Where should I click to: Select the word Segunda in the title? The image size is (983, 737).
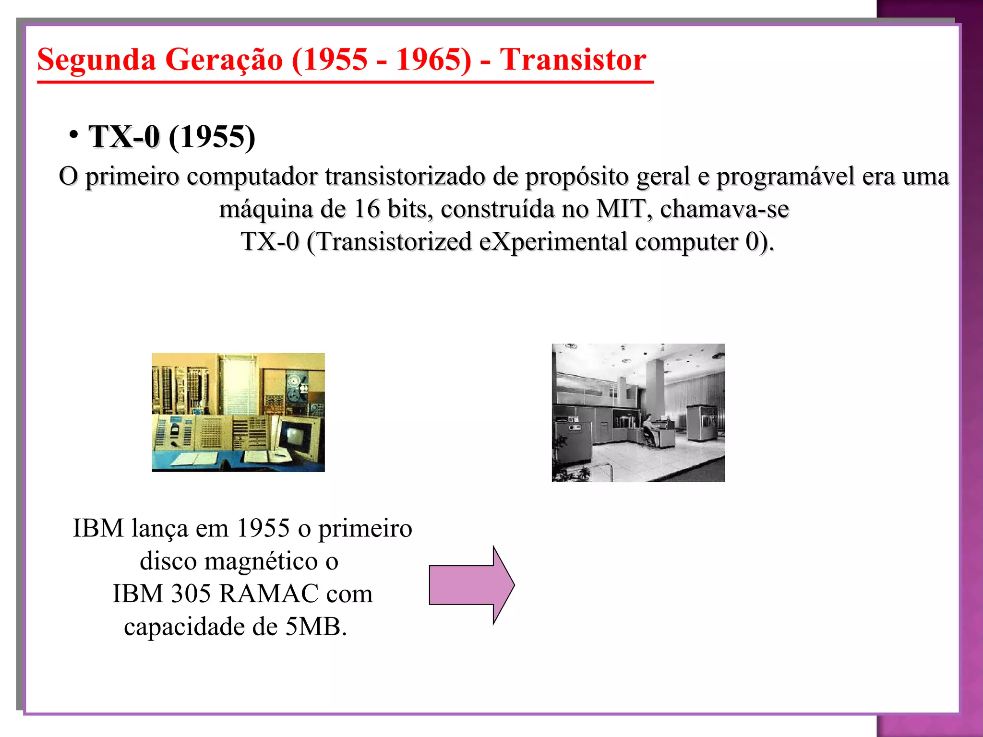96,60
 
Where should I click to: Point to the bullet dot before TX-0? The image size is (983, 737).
73,134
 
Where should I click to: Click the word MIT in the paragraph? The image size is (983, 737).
620,209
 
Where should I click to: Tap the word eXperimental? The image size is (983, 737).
553,241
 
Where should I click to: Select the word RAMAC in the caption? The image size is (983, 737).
269,594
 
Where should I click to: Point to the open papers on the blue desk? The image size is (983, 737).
197,459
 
